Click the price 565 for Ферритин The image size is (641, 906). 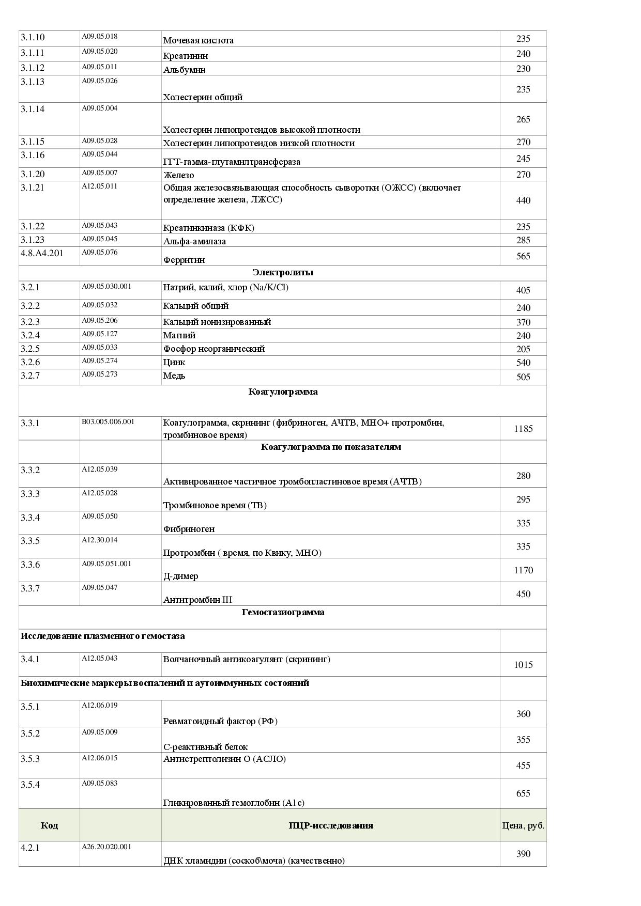[523, 256]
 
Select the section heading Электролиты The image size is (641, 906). [283, 272]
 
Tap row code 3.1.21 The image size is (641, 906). [33, 188]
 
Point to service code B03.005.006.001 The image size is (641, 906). [108, 421]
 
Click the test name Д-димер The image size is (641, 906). [180, 576]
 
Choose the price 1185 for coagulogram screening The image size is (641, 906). [523, 429]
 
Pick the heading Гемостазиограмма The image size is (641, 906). [283, 612]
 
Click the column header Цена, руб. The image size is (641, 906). [523, 825]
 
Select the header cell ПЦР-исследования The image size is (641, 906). [330, 825]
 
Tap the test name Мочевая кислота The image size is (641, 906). [198, 40]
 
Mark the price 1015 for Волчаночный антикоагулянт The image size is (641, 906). [523, 665]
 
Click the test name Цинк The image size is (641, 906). [174, 362]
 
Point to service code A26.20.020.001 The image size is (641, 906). [106, 847]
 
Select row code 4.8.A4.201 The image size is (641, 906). [42, 253]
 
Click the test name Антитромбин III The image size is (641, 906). [197, 600]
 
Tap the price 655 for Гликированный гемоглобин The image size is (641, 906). [523, 793]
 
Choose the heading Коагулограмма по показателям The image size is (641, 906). [330, 447]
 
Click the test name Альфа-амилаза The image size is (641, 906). [194, 241]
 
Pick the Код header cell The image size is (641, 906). [49, 825]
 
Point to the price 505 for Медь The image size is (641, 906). [523, 377]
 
